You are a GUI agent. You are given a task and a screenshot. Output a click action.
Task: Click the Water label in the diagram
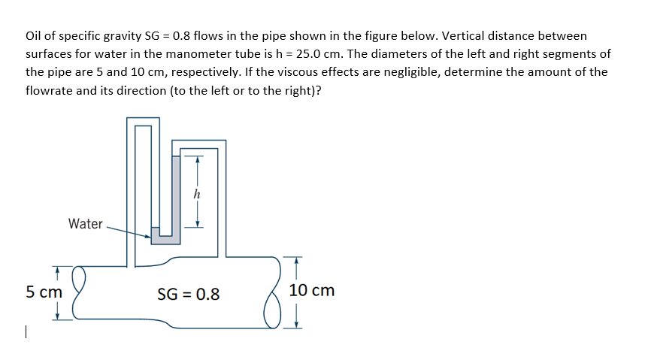[85, 223]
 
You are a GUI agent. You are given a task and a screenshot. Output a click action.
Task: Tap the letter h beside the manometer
[197, 194]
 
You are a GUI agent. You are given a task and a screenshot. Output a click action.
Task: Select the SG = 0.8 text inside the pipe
[189, 294]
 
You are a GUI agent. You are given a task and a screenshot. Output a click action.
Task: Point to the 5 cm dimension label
[44, 291]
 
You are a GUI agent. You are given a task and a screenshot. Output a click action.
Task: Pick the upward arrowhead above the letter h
[198, 159]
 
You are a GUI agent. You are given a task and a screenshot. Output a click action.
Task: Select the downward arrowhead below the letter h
[198, 222]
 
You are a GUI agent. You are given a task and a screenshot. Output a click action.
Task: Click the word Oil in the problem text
[35, 35]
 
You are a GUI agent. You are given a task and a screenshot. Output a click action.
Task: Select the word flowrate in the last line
[50, 90]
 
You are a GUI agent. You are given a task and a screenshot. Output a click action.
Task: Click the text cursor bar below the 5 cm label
[26, 331]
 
